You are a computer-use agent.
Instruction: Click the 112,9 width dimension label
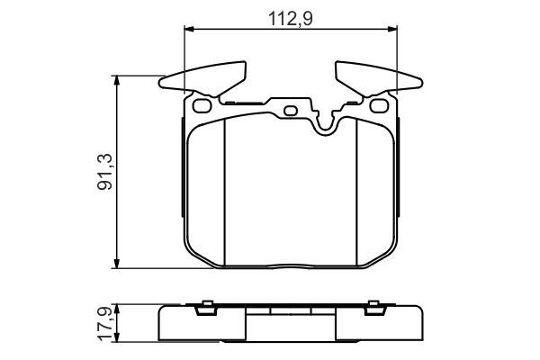(291, 19)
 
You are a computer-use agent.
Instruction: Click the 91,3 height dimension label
(104, 172)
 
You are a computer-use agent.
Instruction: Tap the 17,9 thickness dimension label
(104, 323)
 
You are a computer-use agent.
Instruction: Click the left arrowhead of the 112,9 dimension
(189, 29)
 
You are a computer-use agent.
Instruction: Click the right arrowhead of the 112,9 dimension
(392, 29)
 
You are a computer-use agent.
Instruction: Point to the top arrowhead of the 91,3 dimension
(117, 79)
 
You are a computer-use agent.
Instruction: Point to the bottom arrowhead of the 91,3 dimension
(117, 263)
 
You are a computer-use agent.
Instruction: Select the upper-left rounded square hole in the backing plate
(202, 105)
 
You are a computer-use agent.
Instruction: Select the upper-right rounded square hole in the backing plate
(379, 105)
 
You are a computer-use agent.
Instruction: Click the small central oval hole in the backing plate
(291, 111)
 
